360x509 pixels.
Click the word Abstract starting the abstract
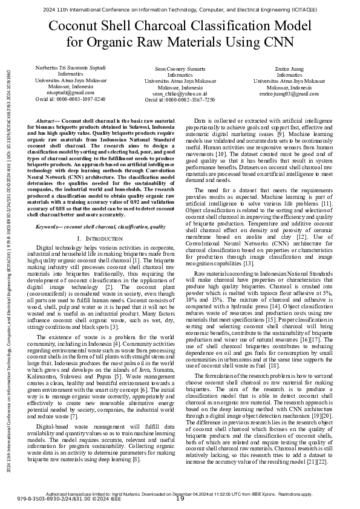48,121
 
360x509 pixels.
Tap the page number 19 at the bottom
180,498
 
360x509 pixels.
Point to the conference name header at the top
180,10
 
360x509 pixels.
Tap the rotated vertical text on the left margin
7,254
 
